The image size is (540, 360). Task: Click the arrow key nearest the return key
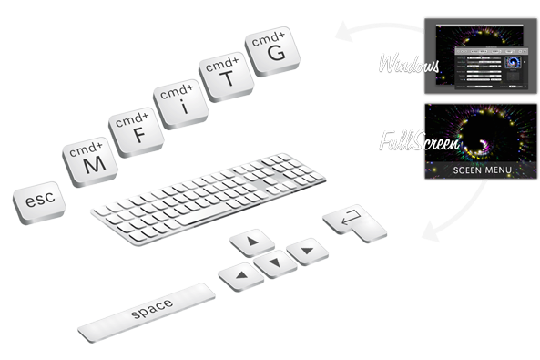pyautogui.click(x=303, y=247)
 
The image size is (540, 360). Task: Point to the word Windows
pyautogui.click(x=410, y=67)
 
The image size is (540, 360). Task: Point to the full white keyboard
pyautogui.click(x=219, y=196)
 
